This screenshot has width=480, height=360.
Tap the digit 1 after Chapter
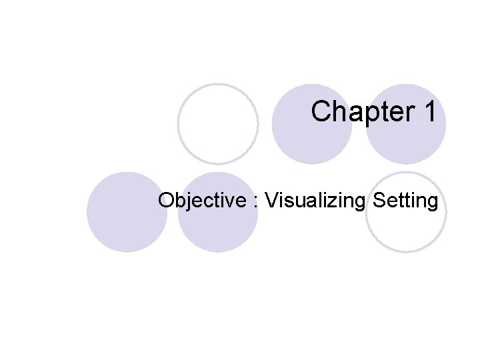pyautogui.click(x=429, y=112)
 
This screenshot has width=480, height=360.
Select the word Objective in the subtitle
pyautogui.click(x=201, y=200)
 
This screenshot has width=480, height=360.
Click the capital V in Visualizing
pyautogui.click(x=270, y=200)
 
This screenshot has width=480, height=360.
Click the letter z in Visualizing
pyautogui.click(x=333, y=201)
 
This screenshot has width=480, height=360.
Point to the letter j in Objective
pyautogui.click(x=187, y=201)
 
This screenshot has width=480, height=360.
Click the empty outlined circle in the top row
pyautogui.click(x=218, y=124)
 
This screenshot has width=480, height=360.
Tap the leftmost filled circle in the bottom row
pyautogui.click(x=127, y=212)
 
